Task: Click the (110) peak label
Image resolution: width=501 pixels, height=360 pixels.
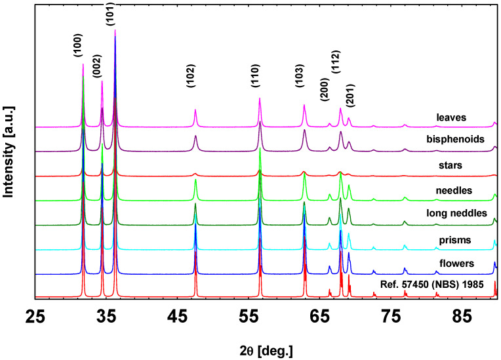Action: [256, 78]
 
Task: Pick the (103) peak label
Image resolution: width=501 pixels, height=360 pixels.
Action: [300, 78]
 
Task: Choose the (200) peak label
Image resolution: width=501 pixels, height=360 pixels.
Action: [325, 89]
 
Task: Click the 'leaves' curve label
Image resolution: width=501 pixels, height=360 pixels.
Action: [451, 118]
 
